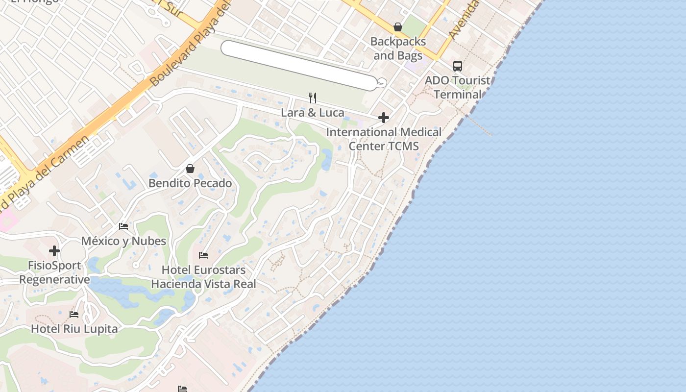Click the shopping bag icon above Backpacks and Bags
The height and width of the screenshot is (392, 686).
pos(398,27)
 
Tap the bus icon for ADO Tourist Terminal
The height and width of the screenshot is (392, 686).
pos(458,66)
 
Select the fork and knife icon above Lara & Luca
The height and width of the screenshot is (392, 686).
pos(313,98)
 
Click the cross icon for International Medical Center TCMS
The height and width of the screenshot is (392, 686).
pos(384,118)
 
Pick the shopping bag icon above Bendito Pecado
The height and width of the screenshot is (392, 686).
pos(190,169)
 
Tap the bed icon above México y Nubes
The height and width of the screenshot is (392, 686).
pos(123,226)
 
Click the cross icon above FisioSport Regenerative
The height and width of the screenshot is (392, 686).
pos(54,251)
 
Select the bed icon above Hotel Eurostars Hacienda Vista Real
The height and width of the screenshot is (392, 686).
pos(203,255)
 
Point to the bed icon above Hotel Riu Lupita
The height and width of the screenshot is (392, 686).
pos(74,314)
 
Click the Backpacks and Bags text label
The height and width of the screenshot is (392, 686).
pos(398,49)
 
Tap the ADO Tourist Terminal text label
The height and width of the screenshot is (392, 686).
pos(458,87)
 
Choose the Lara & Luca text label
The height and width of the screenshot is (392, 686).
pos(313,113)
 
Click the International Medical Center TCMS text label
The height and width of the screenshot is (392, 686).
pos(384,139)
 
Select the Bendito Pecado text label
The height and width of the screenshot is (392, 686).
pos(190,183)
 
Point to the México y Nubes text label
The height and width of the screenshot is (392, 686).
pos(123,241)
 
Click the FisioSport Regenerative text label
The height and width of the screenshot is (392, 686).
pos(54,272)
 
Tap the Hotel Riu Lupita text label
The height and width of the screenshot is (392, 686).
pos(74,329)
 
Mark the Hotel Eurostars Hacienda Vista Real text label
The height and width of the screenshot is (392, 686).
pos(203,277)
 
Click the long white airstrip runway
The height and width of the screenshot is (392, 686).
pos(299,65)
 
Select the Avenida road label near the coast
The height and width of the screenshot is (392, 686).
pos(463,20)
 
